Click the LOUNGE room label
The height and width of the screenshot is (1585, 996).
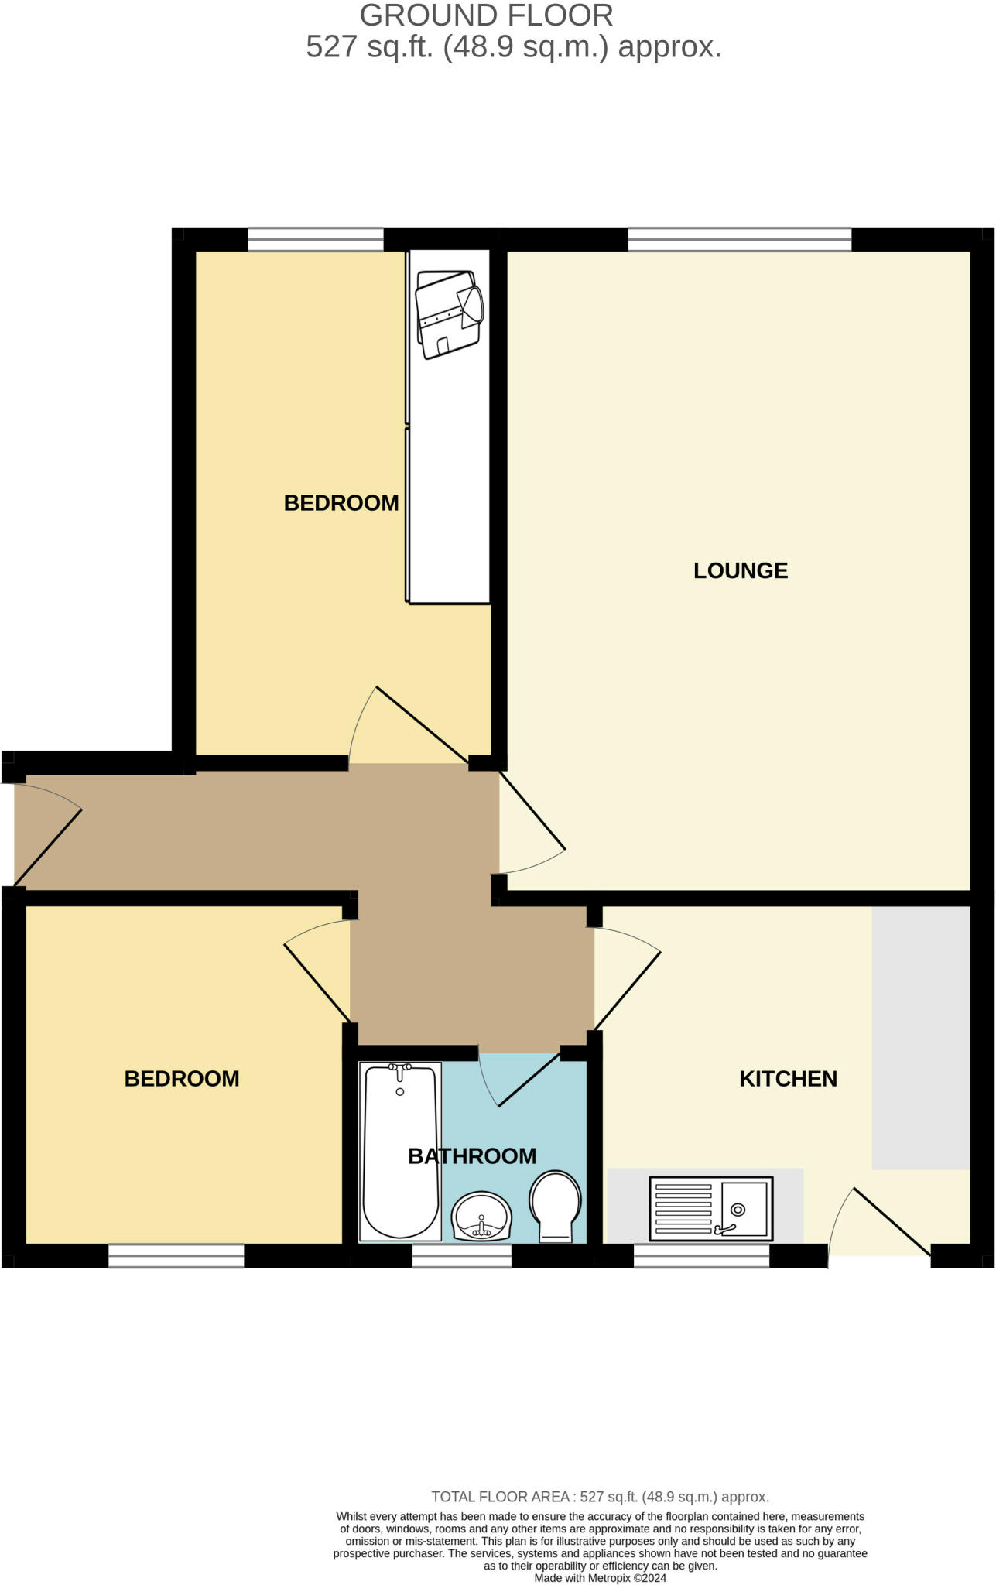click(740, 570)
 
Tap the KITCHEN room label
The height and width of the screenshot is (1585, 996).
click(788, 1078)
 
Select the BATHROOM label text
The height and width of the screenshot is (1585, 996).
click(472, 1155)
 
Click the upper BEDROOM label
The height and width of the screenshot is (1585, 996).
click(341, 503)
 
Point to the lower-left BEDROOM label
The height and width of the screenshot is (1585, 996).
click(182, 1078)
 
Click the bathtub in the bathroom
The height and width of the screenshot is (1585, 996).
click(399, 1150)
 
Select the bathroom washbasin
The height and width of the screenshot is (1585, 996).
click(481, 1216)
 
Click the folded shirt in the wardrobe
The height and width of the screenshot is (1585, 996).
click(449, 312)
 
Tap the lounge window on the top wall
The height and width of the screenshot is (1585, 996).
click(739, 240)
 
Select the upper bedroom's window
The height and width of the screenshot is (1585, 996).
click(316, 240)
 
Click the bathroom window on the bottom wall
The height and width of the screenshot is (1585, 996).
click(461, 1255)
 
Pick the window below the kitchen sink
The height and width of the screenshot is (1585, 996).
click(701, 1255)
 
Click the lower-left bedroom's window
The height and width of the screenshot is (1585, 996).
click(176, 1255)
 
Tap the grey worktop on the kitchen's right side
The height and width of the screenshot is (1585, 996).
click(920, 1037)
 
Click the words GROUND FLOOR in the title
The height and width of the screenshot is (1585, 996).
click(486, 15)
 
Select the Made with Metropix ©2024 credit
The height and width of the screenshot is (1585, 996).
click(600, 1577)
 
